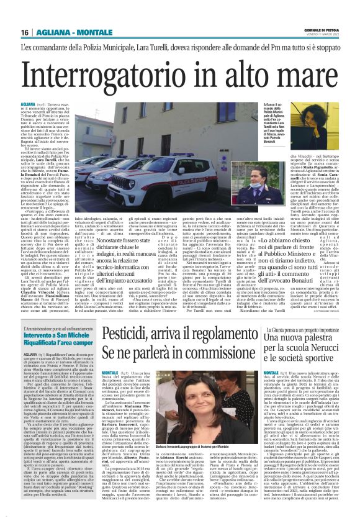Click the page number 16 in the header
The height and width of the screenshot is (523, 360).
(x=24, y=32)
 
